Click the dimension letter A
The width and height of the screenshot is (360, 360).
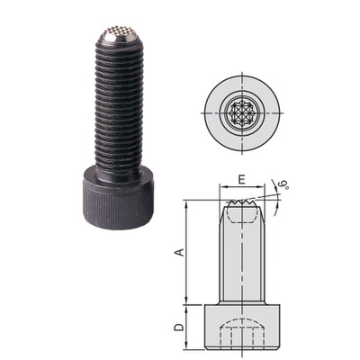click(x=179, y=252)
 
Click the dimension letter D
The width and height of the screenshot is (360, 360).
click(x=179, y=327)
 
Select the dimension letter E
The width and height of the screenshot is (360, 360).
click(x=241, y=179)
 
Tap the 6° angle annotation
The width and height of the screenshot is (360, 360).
click(x=283, y=184)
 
